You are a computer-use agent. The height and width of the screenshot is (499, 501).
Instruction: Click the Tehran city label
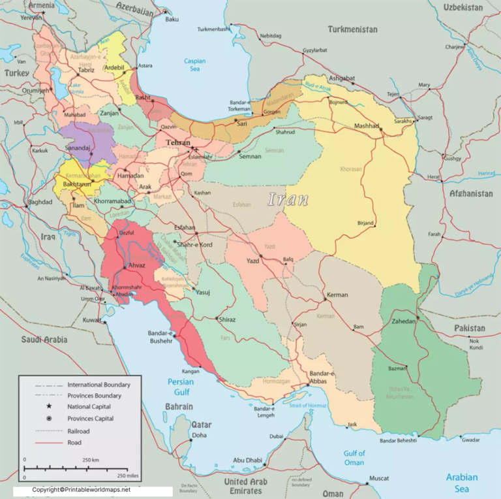[x=178, y=142]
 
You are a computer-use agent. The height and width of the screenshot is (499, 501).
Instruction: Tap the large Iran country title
[x=288, y=200]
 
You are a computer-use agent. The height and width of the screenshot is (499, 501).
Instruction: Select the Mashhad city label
[x=366, y=125]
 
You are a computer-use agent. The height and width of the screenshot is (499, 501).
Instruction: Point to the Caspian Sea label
[x=194, y=65]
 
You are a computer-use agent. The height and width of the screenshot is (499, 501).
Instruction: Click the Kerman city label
[x=337, y=295]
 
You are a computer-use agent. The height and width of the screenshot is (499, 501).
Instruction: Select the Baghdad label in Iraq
[x=40, y=202]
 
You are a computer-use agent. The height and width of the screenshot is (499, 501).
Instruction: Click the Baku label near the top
[x=172, y=19]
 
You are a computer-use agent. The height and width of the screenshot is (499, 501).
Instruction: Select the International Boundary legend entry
[x=99, y=385]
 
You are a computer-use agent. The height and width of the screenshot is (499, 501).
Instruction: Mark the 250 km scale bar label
[x=91, y=460]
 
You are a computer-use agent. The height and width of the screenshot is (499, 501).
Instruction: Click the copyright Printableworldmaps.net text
[x=82, y=489]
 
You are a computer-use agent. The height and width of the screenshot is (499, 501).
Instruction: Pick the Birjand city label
[x=366, y=223]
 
